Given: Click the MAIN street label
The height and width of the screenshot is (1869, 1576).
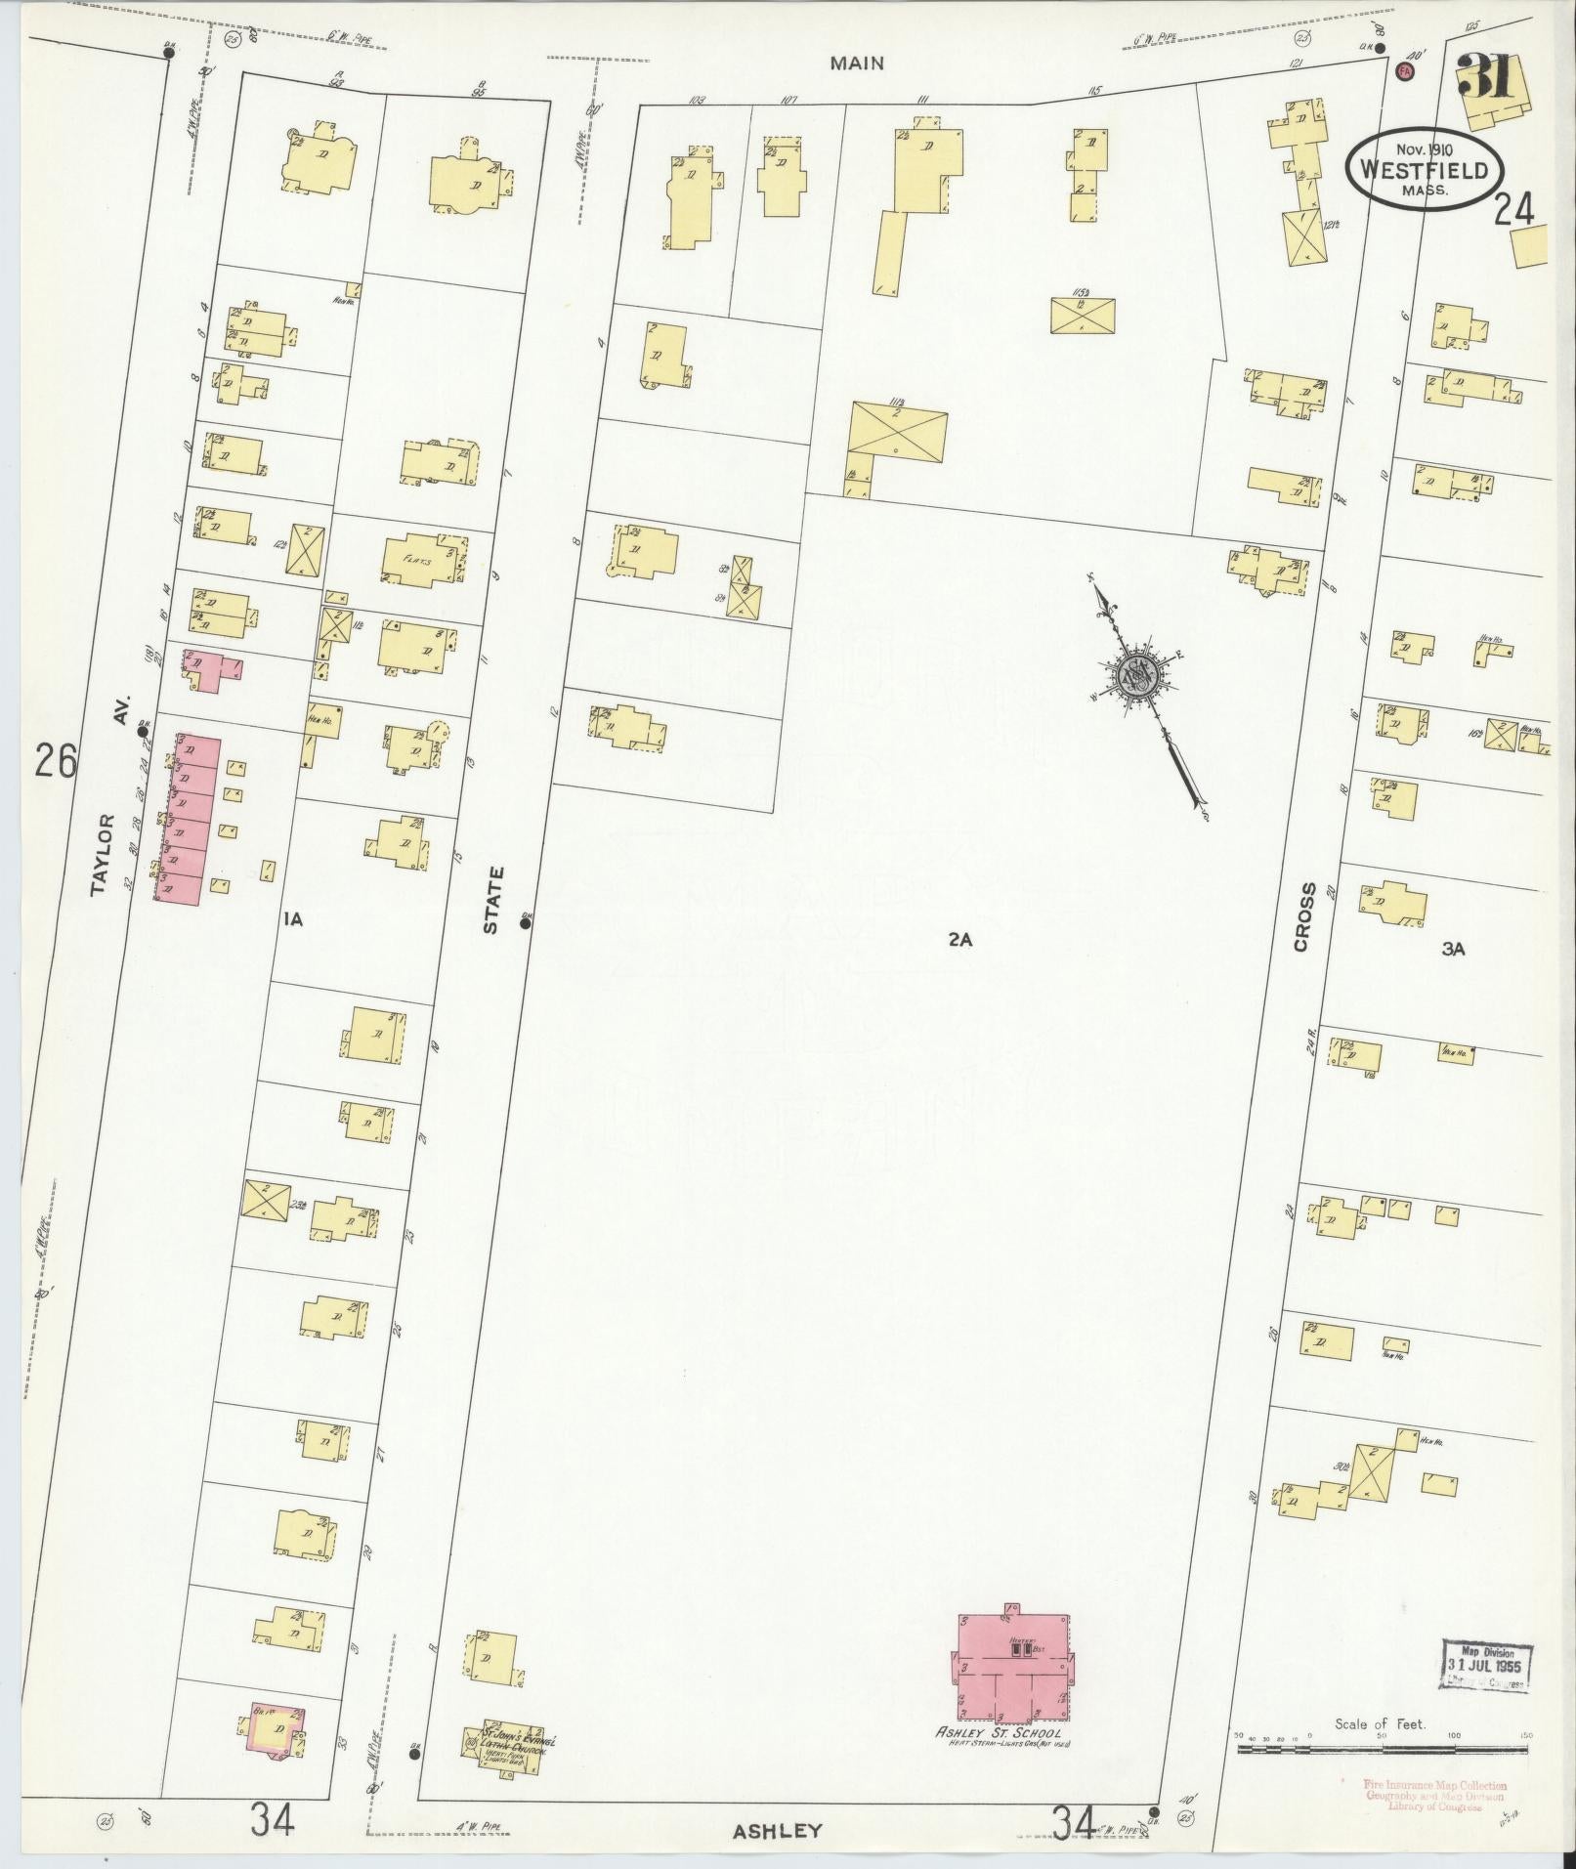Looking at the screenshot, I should coord(857,64).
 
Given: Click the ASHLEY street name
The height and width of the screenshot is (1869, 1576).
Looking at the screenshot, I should coord(778,1831).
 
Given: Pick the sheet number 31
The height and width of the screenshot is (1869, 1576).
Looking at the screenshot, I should coord(1486,76).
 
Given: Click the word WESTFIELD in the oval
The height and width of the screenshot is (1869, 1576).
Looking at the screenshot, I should coord(1420,170).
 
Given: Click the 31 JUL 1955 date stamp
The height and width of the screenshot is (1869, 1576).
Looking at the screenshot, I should coord(1484,1663).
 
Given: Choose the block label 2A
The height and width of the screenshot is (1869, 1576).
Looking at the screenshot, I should coord(960,940).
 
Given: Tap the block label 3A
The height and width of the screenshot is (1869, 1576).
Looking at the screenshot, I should coord(1453,947).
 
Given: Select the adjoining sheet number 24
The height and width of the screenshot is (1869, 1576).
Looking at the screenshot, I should coord(1513,208).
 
